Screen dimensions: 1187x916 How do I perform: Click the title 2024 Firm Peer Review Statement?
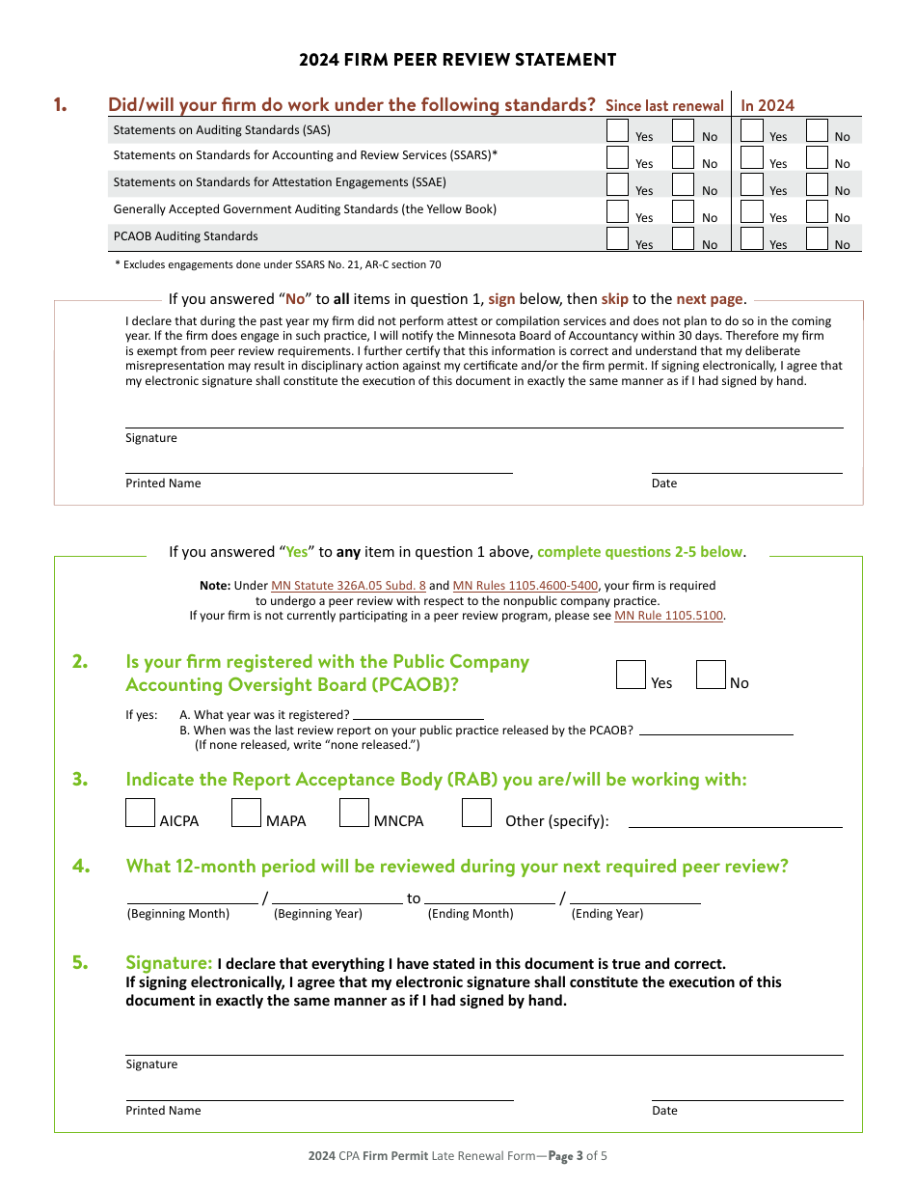[x=457, y=60]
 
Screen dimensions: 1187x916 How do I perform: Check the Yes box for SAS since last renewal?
[x=617, y=130]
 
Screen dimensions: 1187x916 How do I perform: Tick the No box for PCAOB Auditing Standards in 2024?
[x=817, y=238]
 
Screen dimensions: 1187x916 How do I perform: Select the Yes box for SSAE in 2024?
[x=751, y=184]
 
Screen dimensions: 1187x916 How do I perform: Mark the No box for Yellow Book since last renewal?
[x=683, y=211]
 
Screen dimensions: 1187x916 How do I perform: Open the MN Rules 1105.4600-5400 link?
[x=525, y=586]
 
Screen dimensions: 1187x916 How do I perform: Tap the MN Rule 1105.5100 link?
[x=668, y=616]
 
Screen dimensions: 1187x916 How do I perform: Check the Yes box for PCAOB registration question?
[x=631, y=675]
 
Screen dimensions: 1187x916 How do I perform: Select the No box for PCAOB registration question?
[x=711, y=675]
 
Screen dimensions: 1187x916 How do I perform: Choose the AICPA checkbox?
[x=140, y=813]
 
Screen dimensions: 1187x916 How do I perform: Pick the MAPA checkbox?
[x=247, y=813]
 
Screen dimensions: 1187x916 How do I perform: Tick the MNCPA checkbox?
[x=354, y=813]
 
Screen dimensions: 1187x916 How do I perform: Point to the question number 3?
[x=81, y=780]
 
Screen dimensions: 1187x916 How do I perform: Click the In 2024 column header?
[x=768, y=106]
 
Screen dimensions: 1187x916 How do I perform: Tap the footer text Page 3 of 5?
[x=578, y=1156]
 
